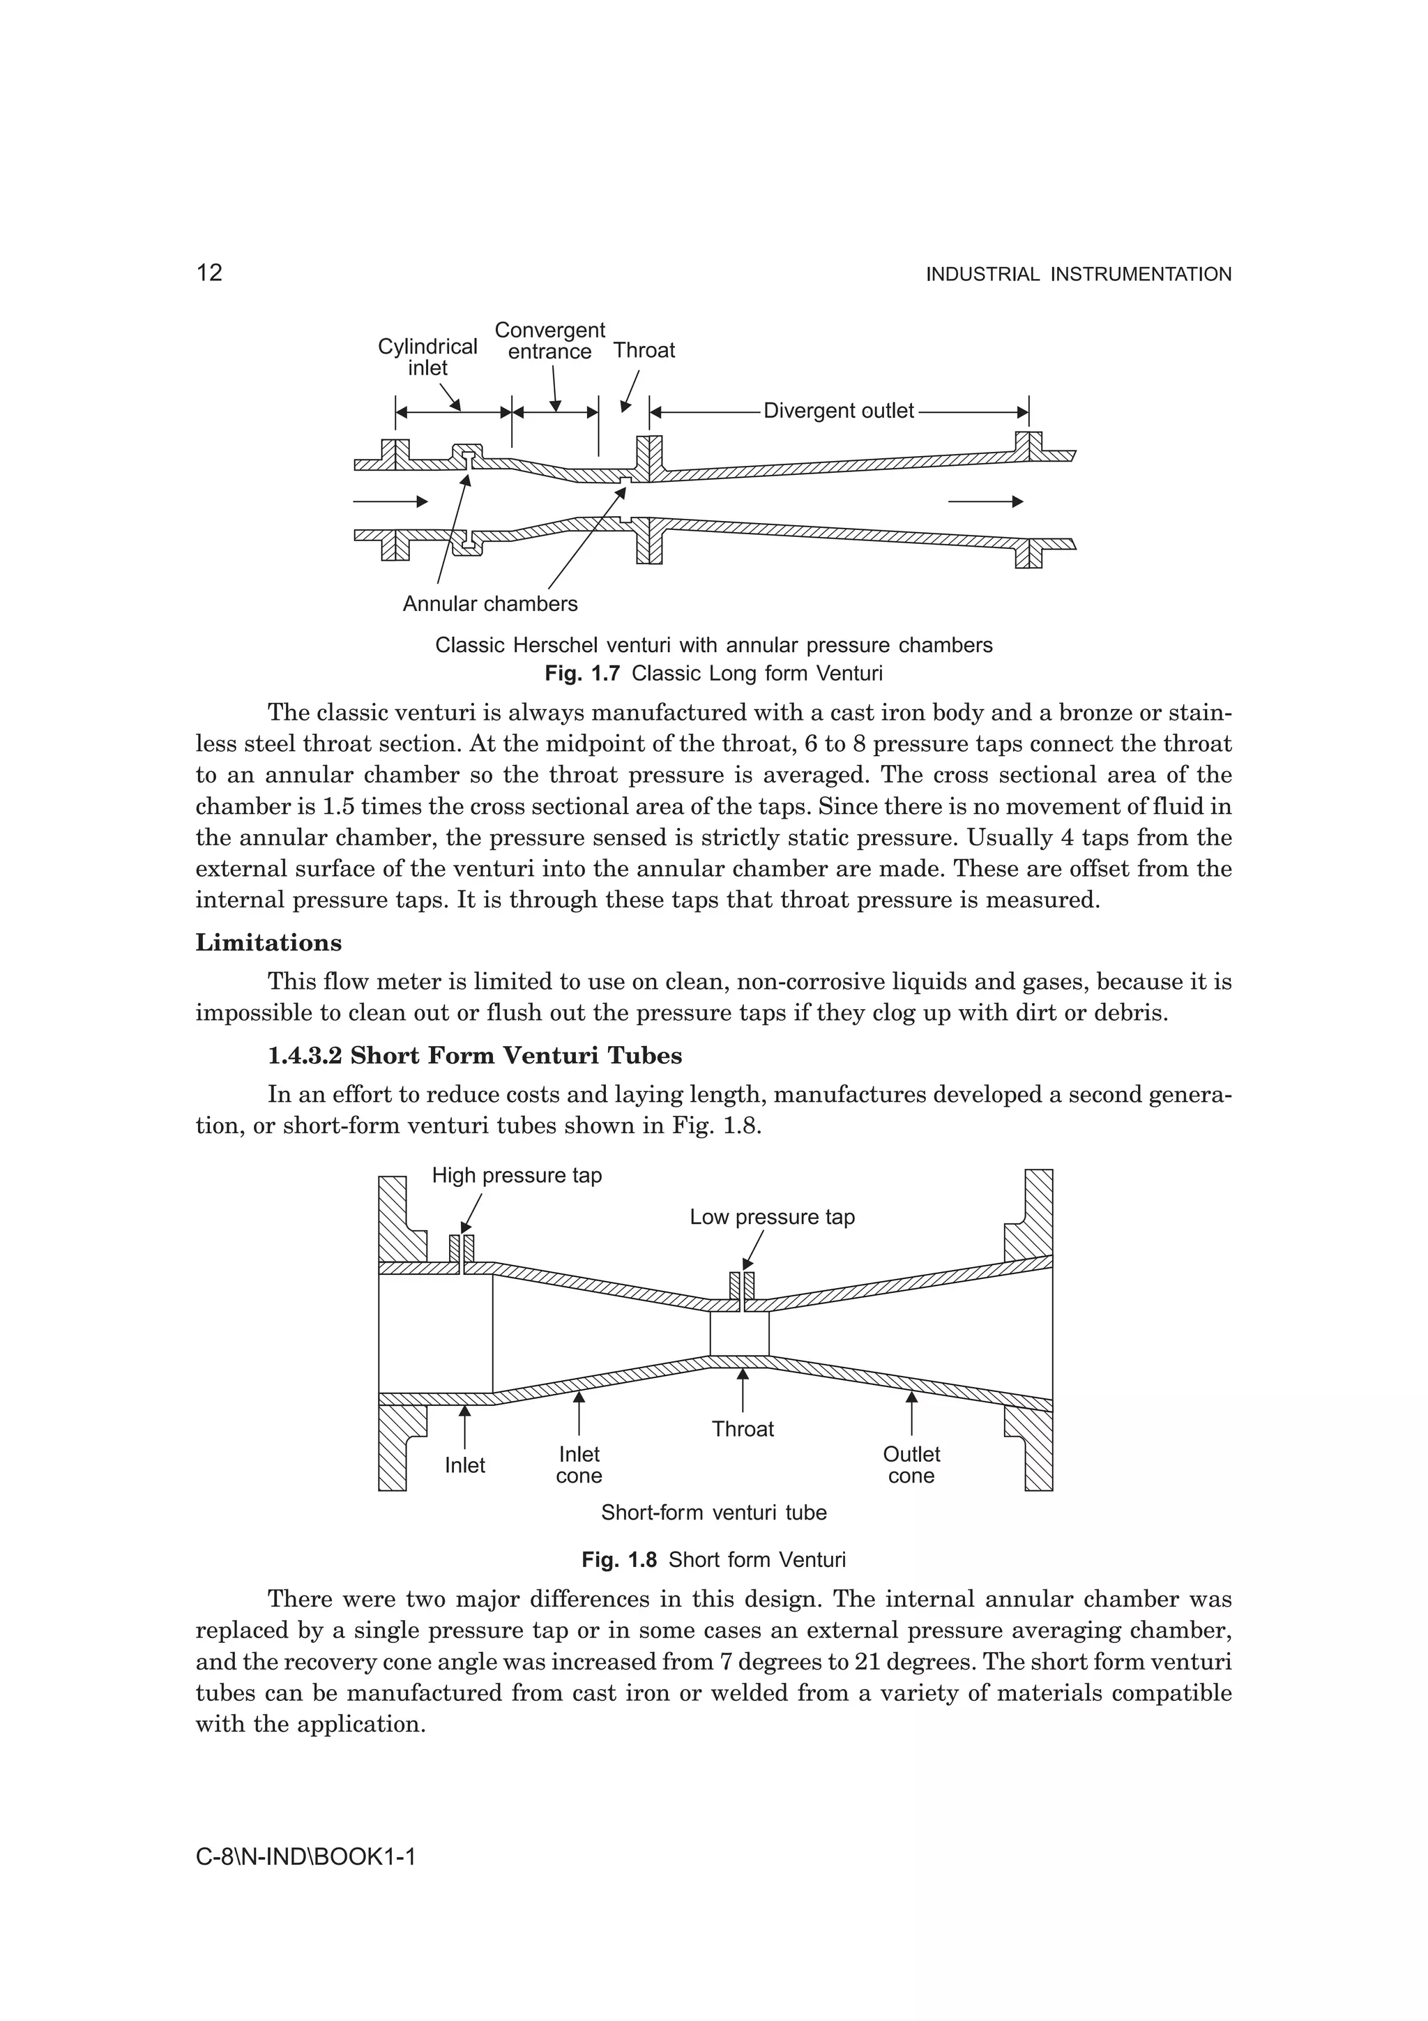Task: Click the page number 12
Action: [209, 273]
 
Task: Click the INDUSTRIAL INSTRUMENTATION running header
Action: [1078, 275]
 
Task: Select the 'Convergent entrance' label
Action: [550, 340]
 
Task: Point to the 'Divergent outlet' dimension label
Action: [839, 411]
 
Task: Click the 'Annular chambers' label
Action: [490, 604]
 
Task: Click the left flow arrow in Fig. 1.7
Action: [390, 501]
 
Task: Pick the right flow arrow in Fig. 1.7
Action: [985, 501]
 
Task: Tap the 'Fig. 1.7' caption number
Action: [582, 674]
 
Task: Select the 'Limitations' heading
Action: [268, 943]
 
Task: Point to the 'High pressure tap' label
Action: [517, 1176]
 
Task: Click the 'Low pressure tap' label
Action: [772, 1218]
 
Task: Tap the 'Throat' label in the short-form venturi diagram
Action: [743, 1429]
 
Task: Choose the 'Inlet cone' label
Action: [579, 1466]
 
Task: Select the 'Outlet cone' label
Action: [911, 1466]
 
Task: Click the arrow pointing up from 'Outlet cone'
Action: [911, 1413]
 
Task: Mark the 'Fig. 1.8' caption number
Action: [618, 1561]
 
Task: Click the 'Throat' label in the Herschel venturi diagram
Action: [644, 350]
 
